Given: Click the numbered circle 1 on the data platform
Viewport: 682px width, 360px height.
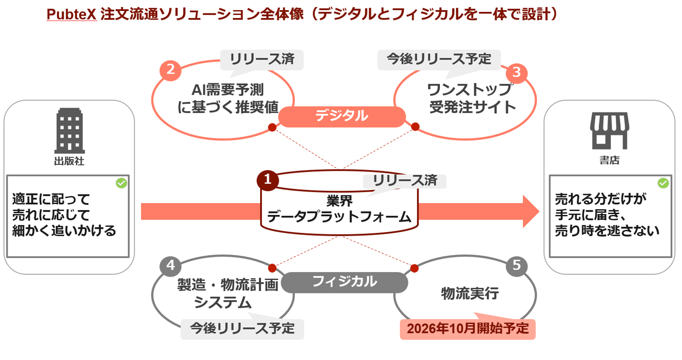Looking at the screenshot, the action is pos(267,180).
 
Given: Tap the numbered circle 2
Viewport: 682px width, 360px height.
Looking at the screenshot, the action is pos(171,70).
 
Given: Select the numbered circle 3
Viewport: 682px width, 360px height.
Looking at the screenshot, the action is pos(517,73).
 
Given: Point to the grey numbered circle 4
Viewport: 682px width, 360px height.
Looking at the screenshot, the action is pos(171,266).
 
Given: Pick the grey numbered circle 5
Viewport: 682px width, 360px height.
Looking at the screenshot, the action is pos(517,266).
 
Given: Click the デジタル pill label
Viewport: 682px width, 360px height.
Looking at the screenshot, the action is pos(342,116).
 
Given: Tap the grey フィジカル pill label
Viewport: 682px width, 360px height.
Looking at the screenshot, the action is pos(344,282).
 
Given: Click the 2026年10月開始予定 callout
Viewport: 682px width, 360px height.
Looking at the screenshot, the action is pos(468,329).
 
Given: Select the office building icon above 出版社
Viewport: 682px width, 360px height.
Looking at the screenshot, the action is pos(69,130).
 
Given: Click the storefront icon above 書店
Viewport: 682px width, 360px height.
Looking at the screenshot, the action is pos(610,130).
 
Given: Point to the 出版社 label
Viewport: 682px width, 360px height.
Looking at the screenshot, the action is pos(69,161).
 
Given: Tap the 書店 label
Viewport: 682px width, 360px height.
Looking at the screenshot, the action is pos(610,160).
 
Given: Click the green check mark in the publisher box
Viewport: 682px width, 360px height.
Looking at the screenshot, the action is pos(121,183).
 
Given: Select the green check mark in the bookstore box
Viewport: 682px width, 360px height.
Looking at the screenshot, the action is pos(663,183).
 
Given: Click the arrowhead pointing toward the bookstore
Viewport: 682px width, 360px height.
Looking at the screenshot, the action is pos(531,211).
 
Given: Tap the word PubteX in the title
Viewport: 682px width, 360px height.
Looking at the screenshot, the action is pos(71,14).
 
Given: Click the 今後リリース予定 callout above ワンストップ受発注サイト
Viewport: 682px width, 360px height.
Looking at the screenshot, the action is pos(439,60).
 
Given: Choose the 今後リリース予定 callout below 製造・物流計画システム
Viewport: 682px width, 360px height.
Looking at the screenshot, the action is pos(242,329).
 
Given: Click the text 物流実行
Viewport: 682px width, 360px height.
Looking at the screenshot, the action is pos(470,294).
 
